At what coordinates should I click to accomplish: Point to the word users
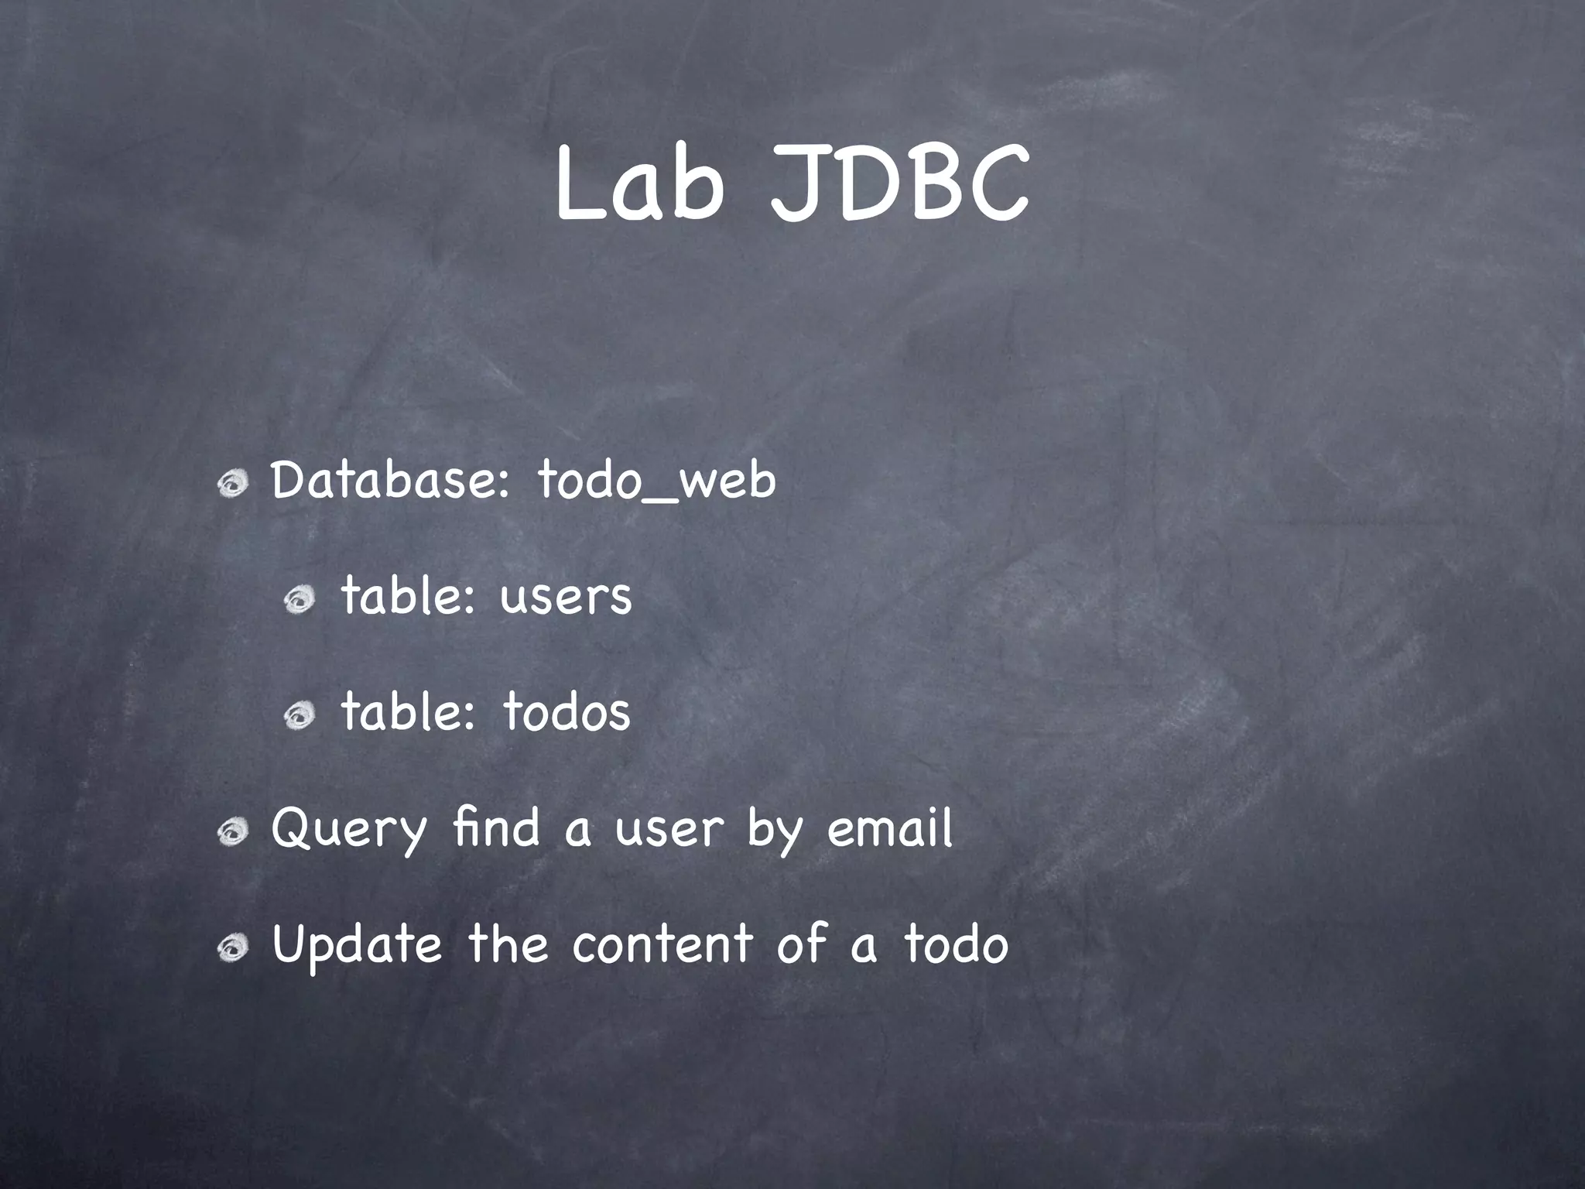(566, 597)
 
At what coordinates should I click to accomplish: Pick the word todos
(567, 712)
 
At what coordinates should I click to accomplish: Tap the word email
(889, 828)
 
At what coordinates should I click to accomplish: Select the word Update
(357, 945)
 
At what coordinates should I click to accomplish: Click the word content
(662, 944)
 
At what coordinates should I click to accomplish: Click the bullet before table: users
(299, 600)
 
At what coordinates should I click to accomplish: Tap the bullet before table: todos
(299, 716)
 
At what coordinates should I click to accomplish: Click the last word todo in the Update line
(956, 944)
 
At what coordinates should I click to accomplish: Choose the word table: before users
(408, 597)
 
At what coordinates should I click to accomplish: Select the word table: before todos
(408, 712)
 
